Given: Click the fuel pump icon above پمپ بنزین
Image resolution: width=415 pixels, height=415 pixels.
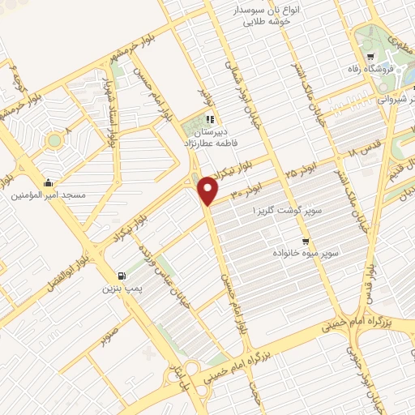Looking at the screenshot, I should [122, 276].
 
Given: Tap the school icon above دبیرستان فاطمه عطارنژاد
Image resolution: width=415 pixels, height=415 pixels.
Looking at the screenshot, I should [211, 120].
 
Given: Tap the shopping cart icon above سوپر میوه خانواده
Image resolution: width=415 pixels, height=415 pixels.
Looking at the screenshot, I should [306, 241].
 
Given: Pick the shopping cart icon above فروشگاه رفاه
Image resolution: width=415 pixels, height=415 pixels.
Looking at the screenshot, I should [370, 57].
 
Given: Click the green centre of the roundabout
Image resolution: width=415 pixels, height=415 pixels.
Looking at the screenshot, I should [54, 141].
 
